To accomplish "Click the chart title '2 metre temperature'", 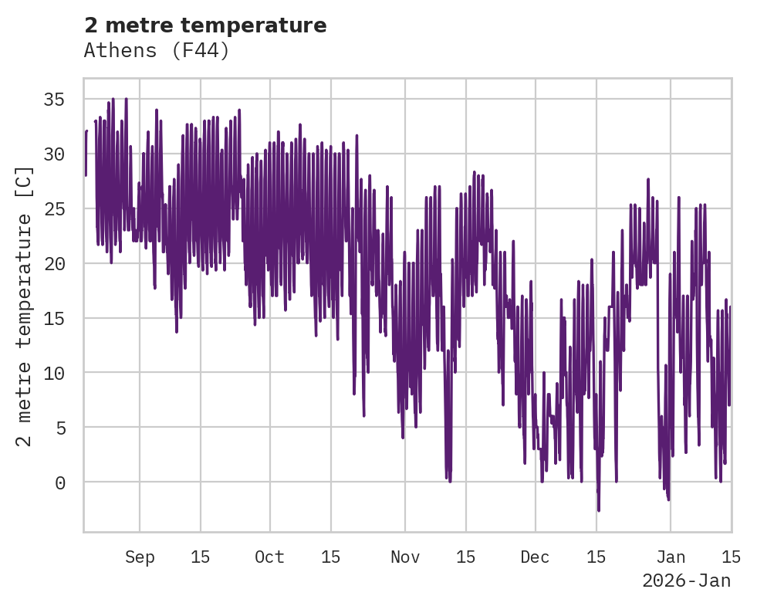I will pyautogui.click(x=205, y=25).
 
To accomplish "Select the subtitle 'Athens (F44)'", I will pyautogui.click(x=157, y=51).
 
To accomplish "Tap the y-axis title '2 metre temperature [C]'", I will pyautogui.click(x=24, y=306).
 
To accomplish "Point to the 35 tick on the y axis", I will pyautogui.click(x=54, y=100).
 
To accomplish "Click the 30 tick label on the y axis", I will pyautogui.click(x=54, y=154).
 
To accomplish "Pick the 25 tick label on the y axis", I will pyautogui.click(x=54, y=209).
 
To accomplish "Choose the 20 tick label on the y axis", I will pyautogui.click(x=54, y=263).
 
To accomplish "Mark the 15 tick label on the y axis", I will pyautogui.click(x=54, y=318).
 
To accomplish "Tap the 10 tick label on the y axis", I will pyautogui.click(x=54, y=373).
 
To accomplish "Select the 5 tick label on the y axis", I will pyautogui.click(x=59, y=428).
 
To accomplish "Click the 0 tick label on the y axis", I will pyautogui.click(x=59, y=482).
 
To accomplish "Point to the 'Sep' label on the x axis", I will pyautogui.click(x=140, y=557).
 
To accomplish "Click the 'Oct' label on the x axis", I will pyautogui.click(x=269, y=557).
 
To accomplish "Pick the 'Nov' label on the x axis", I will pyautogui.click(x=404, y=557).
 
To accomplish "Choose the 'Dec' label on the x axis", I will pyautogui.click(x=535, y=557).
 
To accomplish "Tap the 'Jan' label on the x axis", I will pyautogui.click(x=671, y=557).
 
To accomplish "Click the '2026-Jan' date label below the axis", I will pyautogui.click(x=686, y=581).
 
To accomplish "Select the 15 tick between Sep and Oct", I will pyautogui.click(x=200, y=557).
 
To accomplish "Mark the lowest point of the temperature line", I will pyautogui.click(x=598, y=510).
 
